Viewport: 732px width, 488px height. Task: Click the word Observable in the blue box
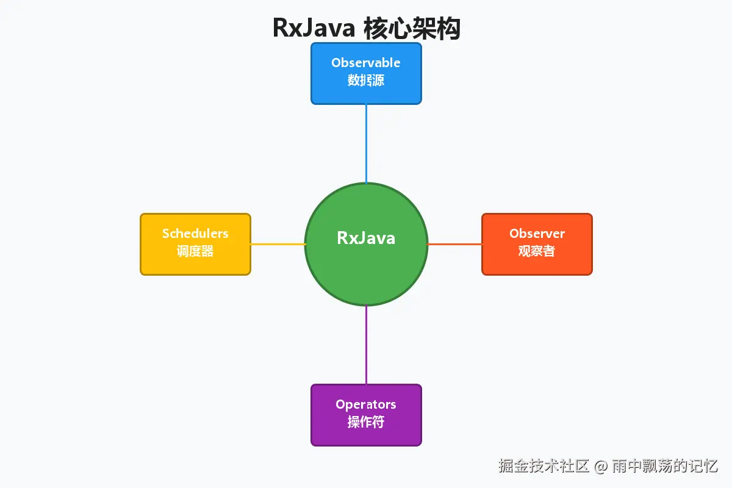point(366,63)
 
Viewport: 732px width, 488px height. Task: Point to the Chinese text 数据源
point(366,80)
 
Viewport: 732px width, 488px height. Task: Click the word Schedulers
point(195,234)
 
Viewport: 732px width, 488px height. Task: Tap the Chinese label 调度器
point(195,251)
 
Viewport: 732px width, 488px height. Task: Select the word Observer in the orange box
point(537,234)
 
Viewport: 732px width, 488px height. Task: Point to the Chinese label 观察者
point(537,251)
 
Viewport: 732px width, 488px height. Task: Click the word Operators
point(366,404)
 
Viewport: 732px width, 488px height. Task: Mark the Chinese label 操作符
point(366,422)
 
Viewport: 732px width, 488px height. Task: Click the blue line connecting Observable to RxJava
point(366,143)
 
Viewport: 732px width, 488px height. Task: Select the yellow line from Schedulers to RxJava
point(278,244)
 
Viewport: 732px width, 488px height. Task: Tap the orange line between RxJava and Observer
point(454,244)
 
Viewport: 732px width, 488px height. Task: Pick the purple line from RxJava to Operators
point(366,345)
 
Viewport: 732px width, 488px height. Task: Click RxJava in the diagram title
point(314,28)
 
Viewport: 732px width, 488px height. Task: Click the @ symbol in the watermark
point(601,467)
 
